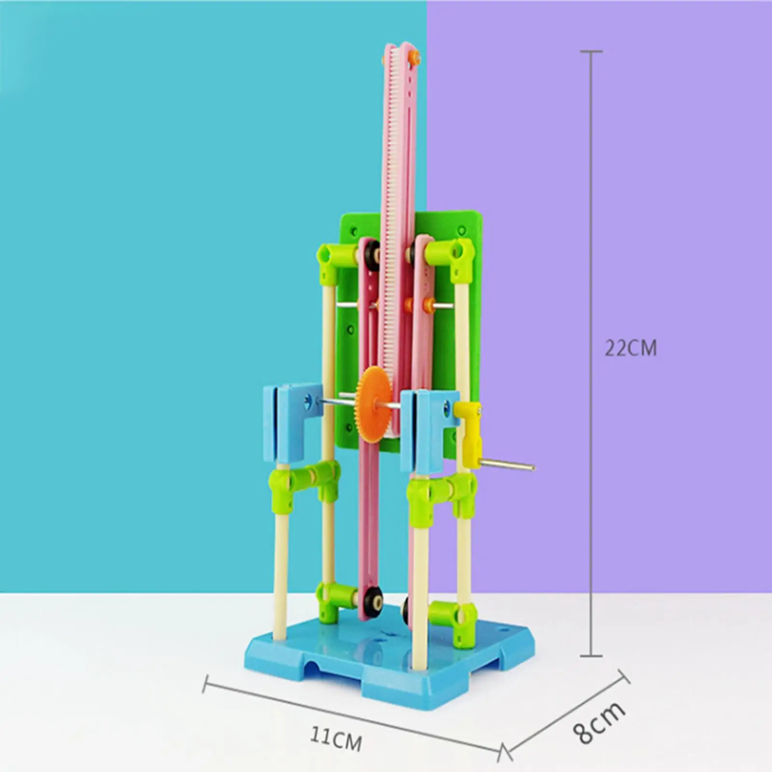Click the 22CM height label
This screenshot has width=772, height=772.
[631, 348]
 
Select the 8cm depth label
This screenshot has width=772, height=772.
[600, 723]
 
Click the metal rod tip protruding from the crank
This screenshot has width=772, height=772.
[531, 466]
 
